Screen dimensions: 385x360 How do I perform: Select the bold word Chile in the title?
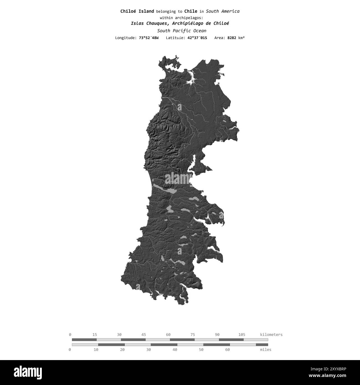coord(191,11)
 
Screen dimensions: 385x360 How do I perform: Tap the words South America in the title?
coord(223,11)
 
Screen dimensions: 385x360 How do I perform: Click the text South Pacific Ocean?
coord(181,31)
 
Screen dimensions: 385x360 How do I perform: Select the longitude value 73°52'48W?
coord(149,38)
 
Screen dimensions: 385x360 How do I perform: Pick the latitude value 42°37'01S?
coord(197,38)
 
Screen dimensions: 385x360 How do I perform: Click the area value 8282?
coord(232,38)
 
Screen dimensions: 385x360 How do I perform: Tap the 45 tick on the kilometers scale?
coord(144,335)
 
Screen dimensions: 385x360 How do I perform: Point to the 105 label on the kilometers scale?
coord(241,335)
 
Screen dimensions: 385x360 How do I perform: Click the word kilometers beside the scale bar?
coord(271,335)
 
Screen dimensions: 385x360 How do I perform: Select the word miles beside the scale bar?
coord(266,350)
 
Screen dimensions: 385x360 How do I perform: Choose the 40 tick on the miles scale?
coord(175,350)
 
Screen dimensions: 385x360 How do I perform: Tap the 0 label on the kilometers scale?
coord(70,335)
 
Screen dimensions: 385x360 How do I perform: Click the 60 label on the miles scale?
coord(227,350)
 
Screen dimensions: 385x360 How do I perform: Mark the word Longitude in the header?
coord(125,38)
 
